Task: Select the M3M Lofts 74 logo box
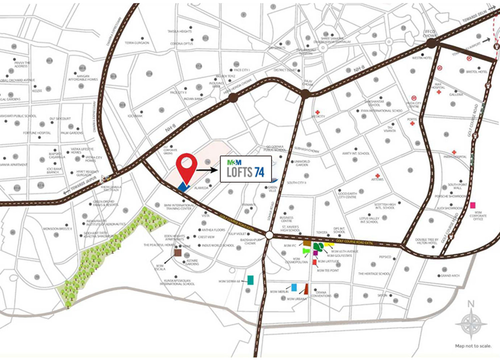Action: point(246,169)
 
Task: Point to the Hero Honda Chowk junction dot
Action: point(233,98)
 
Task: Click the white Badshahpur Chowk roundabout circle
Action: point(269,235)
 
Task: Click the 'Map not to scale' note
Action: point(473,346)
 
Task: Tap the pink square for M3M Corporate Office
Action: point(473,205)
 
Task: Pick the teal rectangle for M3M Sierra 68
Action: point(250,280)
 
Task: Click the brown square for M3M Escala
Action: point(178,253)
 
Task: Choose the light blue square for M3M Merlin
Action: point(294,287)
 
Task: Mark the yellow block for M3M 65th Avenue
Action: point(329,245)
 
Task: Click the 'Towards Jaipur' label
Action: point(83,183)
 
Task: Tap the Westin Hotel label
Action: point(422,58)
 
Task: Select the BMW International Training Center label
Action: point(179,207)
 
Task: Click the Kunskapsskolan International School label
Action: point(177,282)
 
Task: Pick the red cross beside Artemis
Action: point(377,175)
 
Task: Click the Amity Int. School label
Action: point(356,153)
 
